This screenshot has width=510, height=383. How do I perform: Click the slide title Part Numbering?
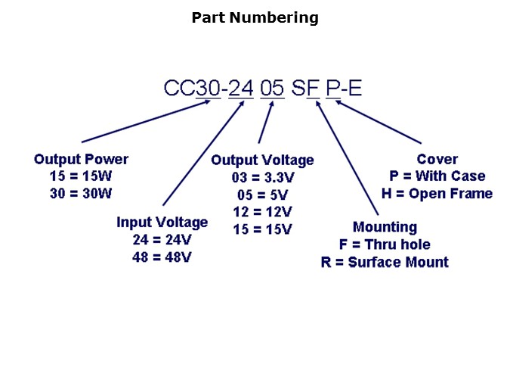[255, 17]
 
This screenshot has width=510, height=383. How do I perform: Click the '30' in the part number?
[209, 89]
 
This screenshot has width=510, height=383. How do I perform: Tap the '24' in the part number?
[242, 89]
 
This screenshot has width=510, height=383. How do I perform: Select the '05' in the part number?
[272, 89]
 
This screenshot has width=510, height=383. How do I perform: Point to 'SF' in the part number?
[306, 89]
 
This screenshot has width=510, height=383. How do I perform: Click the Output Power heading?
[81, 159]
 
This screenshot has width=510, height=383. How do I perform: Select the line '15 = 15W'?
[81, 176]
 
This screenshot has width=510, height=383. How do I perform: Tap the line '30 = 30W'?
[81, 193]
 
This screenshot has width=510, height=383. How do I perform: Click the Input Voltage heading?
[162, 223]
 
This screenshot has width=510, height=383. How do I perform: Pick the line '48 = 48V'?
[162, 257]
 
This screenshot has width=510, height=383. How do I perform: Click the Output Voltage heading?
[262, 160]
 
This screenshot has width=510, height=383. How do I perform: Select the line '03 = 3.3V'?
[262, 178]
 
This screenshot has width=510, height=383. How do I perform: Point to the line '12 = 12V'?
[262, 212]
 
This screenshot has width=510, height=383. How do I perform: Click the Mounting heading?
[385, 227]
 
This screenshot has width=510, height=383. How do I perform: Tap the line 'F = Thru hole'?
[385, 244]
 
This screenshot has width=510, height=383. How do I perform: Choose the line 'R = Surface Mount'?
[385, 263]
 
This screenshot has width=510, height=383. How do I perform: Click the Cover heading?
[437, 159]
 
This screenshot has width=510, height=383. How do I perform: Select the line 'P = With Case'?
[437, 176]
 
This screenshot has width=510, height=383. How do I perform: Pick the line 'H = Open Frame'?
[437, 194]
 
